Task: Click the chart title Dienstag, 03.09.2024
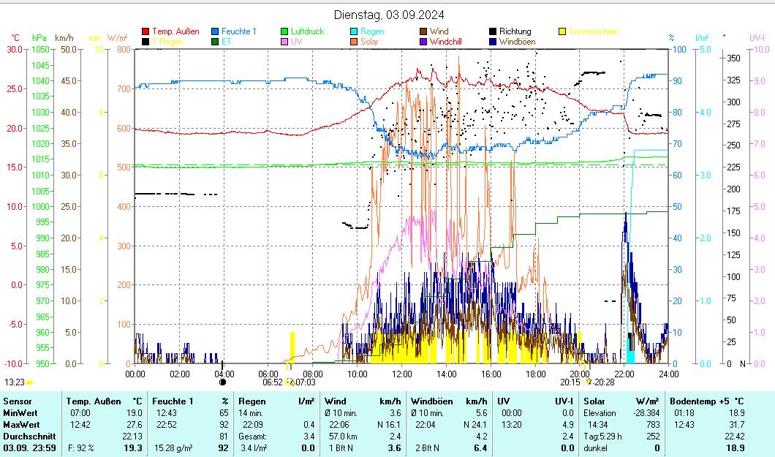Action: tap(388, 15)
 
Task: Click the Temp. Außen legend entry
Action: tap(175, 31)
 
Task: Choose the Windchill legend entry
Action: tap(451, 42)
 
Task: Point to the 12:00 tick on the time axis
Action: tap(401, 374)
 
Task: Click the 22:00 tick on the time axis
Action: tap(624, 374)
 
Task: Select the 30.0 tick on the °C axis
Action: tap(14, 49)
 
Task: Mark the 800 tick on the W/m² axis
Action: tap(121, 49)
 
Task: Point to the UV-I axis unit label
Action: tap(757, 37)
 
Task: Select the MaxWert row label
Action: tap(20, 425)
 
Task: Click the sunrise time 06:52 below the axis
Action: tap(272, 382)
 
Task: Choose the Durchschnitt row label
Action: tap(26, 437)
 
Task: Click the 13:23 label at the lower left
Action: tap(15, 382)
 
